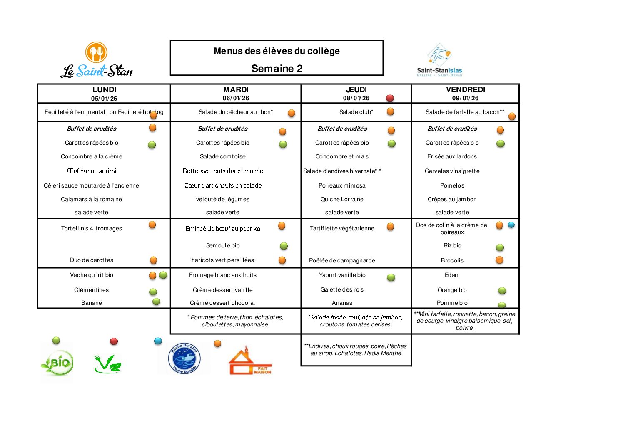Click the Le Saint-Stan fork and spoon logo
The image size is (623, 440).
point(96,52)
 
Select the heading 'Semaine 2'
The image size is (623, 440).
point(277,69)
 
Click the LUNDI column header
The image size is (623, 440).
point(104,90)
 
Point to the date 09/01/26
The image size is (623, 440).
point(465,99)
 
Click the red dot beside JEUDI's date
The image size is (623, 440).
point(390,99)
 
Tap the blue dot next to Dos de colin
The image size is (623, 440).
point(511,225)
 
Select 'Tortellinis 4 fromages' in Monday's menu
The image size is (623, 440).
point(92,228)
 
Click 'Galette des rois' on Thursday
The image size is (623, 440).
point(342,289)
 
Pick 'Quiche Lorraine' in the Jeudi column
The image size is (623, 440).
point(342,199)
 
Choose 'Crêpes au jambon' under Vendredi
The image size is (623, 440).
point(452,199)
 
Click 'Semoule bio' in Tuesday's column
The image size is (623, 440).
point(223,245)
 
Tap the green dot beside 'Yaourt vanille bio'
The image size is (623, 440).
point(391,277)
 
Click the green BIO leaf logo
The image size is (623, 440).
point(57,363)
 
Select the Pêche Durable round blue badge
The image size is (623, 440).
point(184,358)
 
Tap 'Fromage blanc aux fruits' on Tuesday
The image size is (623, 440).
point(223,275)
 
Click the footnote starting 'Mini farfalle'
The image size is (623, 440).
point(465,321)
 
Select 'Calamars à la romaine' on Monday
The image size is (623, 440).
point(91,199)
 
